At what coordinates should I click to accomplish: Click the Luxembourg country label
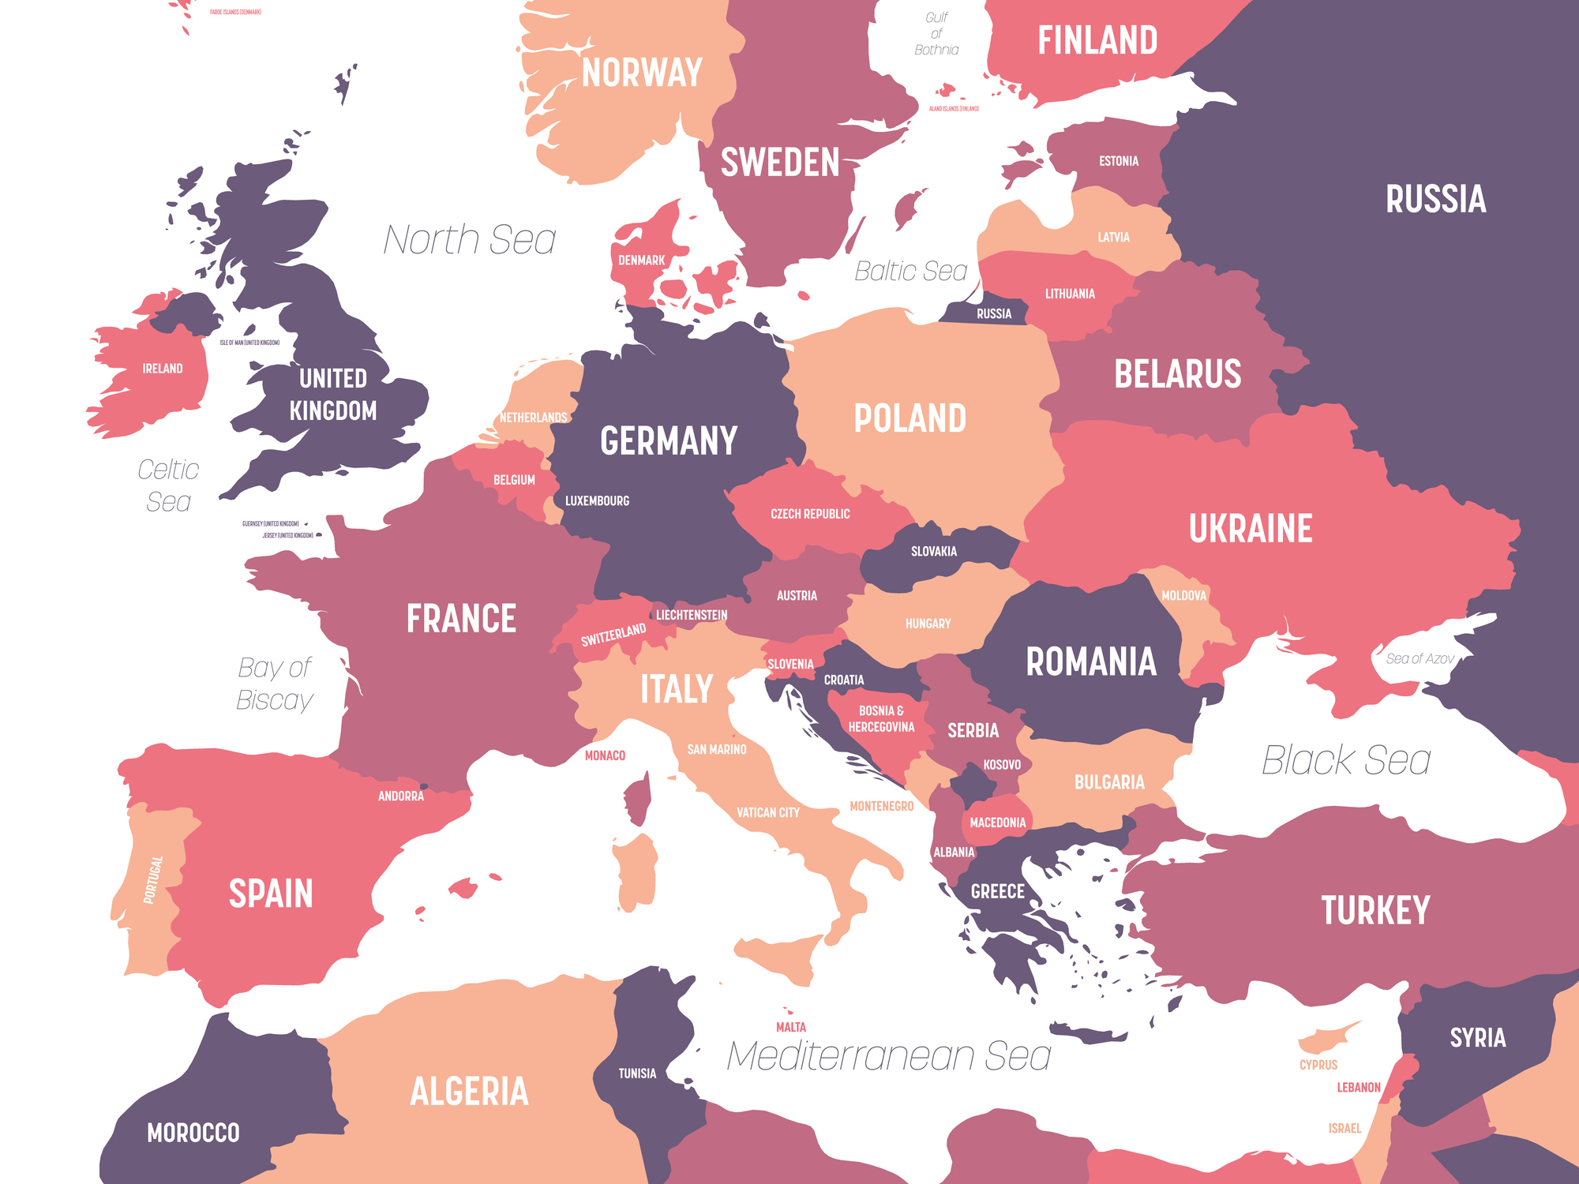[x=597, y=501]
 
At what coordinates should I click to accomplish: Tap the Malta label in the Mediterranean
[x=790, y=1027]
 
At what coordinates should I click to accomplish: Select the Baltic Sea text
[x=910, y=272]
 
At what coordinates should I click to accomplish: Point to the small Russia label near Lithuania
[x=993, y=314]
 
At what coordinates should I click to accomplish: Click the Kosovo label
[x=1001, y=765]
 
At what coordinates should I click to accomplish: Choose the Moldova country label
[x=1183, y=596]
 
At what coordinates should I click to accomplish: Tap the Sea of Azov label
[x=1419, y=658]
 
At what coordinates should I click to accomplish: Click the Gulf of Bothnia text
[x=936, y=34]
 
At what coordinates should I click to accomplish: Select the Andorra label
[x=400, y=796]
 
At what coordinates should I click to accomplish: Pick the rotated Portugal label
[x=152, y=879]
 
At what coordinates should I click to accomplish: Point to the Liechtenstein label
[x=692, y=615]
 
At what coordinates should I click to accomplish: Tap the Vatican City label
[x=767, y=813]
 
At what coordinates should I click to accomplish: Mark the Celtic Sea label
[x=168, y=485]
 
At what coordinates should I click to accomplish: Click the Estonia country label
[x=1118, y=161]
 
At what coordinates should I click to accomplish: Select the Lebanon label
[x=1358, y=1088]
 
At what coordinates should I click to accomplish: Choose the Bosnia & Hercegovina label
[x=881, y=719]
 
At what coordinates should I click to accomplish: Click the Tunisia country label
[x=637, y=1073]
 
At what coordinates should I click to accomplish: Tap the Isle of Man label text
[x=249, y=343]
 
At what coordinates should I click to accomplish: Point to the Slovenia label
[x=790, y=665]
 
